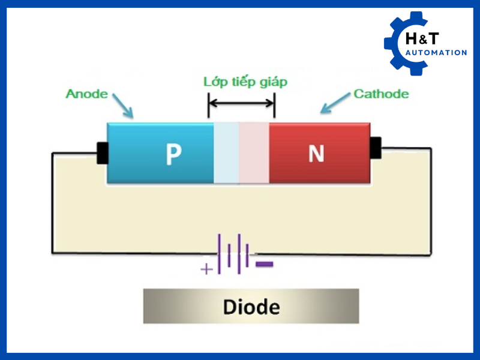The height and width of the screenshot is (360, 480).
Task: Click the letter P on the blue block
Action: (173, 155)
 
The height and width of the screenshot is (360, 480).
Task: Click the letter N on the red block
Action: (316, 154)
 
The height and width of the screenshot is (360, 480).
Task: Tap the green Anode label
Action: (87, 94)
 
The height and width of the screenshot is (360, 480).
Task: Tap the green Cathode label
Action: (381, 94)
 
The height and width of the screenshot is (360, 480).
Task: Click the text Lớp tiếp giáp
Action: (245, 82)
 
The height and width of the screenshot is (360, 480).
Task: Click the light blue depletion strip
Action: (226, 153)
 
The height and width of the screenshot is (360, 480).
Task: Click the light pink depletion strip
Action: (254, 153)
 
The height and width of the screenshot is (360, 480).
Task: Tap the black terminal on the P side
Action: (102, 153)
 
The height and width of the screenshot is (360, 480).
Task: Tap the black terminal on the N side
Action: (376, 148)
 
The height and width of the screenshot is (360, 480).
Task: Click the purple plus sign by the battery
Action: (206, 269)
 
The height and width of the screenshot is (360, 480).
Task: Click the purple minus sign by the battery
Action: (264, 264)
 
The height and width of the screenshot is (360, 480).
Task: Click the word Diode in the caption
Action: (251, 307)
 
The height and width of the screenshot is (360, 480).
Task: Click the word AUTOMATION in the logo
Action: (436, 53)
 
